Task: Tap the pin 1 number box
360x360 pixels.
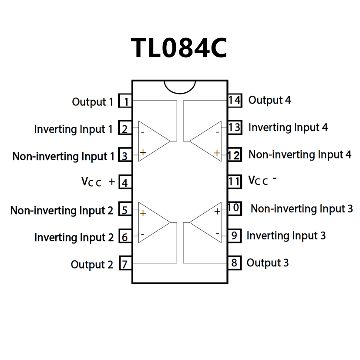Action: tap(126, 102)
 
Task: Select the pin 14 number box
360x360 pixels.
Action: tap(235, 100)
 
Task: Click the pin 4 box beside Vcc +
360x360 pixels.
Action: tap(125, 182)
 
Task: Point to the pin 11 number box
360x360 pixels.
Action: tap(235, 181)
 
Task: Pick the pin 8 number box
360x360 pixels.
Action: tap(235, 263)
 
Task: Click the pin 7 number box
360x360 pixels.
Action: tap(125, 264)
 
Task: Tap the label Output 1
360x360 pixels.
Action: tap(92, 102)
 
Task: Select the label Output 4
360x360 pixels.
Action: tap(269, 100)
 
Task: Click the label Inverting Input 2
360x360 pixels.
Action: tap(74, 238)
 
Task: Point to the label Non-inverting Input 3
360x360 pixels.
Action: tap(302, 209)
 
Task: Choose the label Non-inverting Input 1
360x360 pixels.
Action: tap(64, 156)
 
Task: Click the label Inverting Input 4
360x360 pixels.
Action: tap(288, 128)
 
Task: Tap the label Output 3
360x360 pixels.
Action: tap(267, 263)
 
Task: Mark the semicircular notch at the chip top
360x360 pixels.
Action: tap(180, 86)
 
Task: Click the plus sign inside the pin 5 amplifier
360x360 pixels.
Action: tap(143, 213)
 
